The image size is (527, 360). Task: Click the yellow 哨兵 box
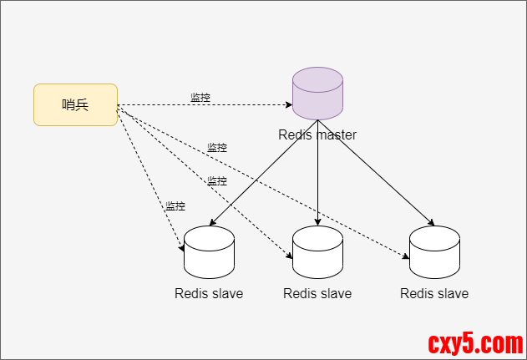click(75, 104)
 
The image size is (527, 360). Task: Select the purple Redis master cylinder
click(317, 94)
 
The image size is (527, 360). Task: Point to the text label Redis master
click(317, 134)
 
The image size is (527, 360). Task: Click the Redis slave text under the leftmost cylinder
click(209, 293)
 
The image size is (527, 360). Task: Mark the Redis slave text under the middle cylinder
click(317, 293)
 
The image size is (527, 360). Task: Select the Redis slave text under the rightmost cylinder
click(434, 293)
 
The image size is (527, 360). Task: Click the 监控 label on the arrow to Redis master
click(200, 98)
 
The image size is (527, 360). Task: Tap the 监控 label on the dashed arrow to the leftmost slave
click(175, 206)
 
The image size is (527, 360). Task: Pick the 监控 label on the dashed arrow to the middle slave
click(217, 181)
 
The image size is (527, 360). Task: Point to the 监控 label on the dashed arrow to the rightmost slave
click(217, 148)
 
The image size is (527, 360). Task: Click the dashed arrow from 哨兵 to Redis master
click(251, 105)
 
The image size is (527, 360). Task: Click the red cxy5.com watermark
click(475, 342)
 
